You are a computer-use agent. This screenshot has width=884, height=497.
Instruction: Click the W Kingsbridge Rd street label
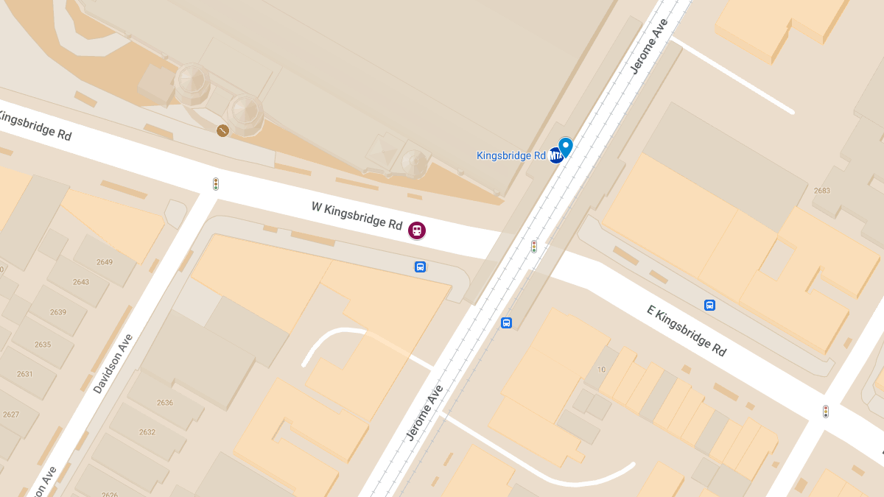(x=357, y=214)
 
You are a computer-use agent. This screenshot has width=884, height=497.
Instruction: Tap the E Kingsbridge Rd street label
(x=687, y=331)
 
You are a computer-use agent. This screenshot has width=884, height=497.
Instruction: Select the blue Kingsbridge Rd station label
(x=511, y=155)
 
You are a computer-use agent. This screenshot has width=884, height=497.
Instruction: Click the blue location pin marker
(x=566, y=147)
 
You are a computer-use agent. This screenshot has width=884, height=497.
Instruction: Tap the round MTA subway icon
(x=555, y=155)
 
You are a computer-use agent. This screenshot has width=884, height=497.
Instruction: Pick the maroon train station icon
(x=417, y=230)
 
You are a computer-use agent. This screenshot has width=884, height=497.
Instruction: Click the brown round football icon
(x=222, y=130)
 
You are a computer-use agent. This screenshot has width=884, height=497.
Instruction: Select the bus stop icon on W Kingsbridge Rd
(x=420, y=267)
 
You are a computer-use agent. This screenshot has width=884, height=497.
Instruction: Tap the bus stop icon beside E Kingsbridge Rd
(x=709, y=305)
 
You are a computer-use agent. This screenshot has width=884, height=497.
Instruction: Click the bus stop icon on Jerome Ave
(x=506, y=322)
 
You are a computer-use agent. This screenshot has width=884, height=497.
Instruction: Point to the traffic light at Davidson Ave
(x=216, y=184)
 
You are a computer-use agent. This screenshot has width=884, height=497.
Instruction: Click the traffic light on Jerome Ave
(x=534, y=247)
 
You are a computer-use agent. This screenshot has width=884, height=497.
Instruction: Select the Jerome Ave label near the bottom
(x=425, y=413)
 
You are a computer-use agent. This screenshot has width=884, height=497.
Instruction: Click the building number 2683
(x=822, y=191)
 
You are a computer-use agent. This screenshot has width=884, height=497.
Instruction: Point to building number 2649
(x=104, y=262)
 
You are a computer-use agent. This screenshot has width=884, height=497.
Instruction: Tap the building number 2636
(x=165, y=402)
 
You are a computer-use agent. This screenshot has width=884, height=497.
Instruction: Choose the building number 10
(x=601, y=370)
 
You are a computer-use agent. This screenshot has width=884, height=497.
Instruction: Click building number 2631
(x=25, y=373)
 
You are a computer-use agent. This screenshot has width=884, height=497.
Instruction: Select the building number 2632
(x=147, y=431)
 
